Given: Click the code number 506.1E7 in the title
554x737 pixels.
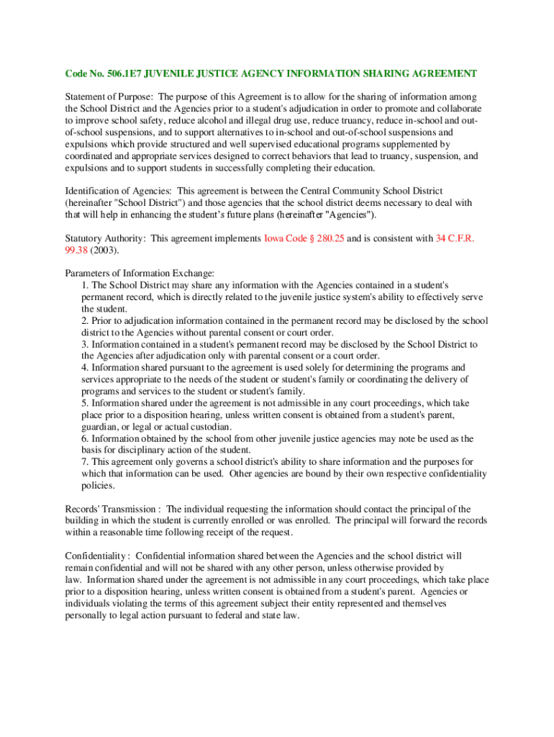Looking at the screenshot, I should coord(123,73).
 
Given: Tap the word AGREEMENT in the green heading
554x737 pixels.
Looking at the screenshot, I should coord(445,73).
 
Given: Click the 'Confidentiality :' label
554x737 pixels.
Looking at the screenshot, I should coord(97,556).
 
